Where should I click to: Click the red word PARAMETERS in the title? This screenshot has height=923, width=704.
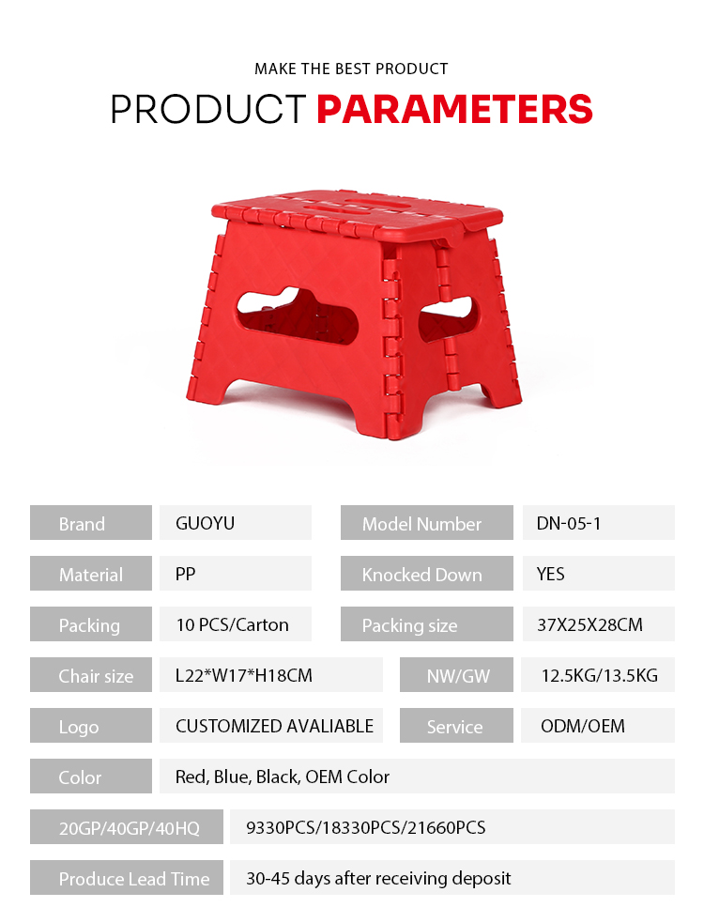click(454, 110)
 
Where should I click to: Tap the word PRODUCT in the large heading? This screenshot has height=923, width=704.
click(208, 110)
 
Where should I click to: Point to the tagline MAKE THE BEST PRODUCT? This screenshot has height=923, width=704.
click(351, 69)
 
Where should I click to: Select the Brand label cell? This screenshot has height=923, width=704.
click(91, 523)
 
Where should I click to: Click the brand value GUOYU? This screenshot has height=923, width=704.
click(205, 523)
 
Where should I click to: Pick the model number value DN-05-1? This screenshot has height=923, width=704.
click(569, 523)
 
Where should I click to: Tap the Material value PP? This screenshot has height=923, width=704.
click(186, 574)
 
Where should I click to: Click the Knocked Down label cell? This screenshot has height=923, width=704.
click(427, 574)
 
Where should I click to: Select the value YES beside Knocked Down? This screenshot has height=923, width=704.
click(550, 574)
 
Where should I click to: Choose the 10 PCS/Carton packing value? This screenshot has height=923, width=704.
click(233, 624)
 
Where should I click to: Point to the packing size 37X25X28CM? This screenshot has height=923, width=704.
click(589, 624)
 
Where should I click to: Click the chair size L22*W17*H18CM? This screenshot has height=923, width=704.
click(244, 674)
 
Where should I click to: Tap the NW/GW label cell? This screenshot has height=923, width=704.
click(456, 674)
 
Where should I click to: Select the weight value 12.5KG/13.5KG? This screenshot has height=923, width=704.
click(599, 674)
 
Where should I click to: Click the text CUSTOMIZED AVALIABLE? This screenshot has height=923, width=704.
click(274, 725)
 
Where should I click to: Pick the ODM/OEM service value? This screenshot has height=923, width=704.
click(583, 725)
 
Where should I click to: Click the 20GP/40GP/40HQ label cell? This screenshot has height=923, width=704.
click(127, 826)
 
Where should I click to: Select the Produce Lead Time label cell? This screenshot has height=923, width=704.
click(127, 877)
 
